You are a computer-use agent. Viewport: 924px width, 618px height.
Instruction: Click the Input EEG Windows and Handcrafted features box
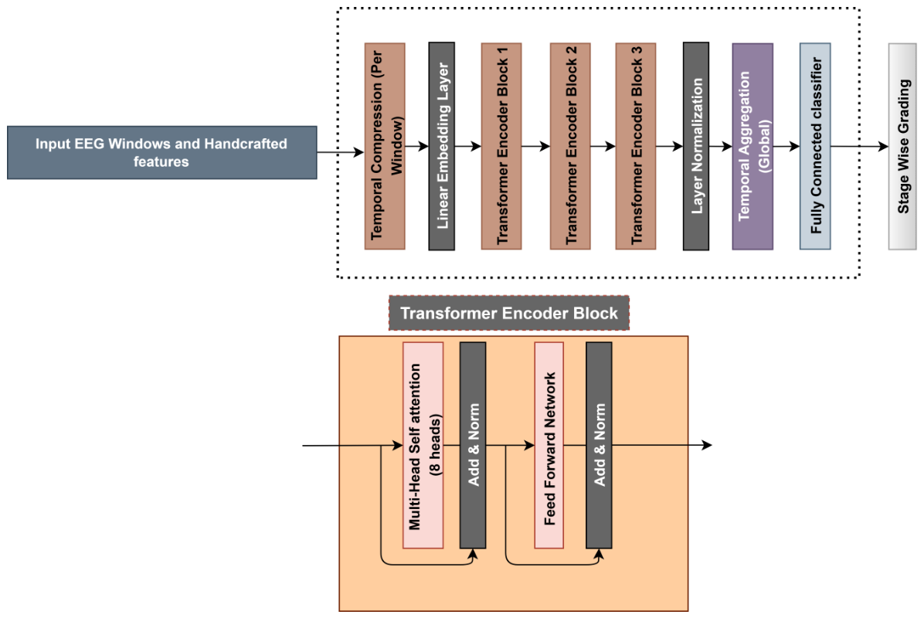coord(162,153)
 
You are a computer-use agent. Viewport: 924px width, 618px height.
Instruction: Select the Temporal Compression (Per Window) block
coord(385,146)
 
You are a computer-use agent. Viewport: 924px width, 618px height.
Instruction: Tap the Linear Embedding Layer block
coord(441,146)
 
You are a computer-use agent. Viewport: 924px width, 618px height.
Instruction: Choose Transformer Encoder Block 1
coord(501,146)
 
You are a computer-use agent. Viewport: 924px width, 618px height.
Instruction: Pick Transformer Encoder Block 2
coord(570,146)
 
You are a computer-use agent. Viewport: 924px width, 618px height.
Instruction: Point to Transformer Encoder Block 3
coord(636,146)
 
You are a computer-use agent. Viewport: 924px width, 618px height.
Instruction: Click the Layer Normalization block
coord(696,146)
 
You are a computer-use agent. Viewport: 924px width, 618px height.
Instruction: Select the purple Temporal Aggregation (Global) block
coord(752,146)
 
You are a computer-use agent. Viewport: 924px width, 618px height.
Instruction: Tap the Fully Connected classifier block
coord(815,146)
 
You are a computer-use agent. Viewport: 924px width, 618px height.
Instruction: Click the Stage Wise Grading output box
coord(902,146)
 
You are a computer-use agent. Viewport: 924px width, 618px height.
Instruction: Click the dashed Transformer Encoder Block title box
coord(509,313)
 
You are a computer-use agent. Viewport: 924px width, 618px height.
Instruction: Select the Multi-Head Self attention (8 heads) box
coord(423,446)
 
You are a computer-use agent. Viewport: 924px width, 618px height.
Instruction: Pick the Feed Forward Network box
coord(549,446)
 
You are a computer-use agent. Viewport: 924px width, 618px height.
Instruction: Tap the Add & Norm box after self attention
coord(473,446)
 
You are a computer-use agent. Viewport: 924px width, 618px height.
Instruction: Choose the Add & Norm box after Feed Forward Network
coord(599,446)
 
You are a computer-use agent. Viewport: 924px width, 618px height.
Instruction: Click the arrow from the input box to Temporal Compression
coord(341,153)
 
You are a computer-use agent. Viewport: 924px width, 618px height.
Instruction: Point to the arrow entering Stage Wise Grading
coord(860,146)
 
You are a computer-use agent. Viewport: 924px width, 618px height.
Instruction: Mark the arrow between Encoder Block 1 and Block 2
coord(535,146)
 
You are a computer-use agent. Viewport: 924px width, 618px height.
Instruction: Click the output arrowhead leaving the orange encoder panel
coord(707,445)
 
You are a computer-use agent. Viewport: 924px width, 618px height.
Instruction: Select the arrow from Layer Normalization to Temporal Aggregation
coord(721,146)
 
